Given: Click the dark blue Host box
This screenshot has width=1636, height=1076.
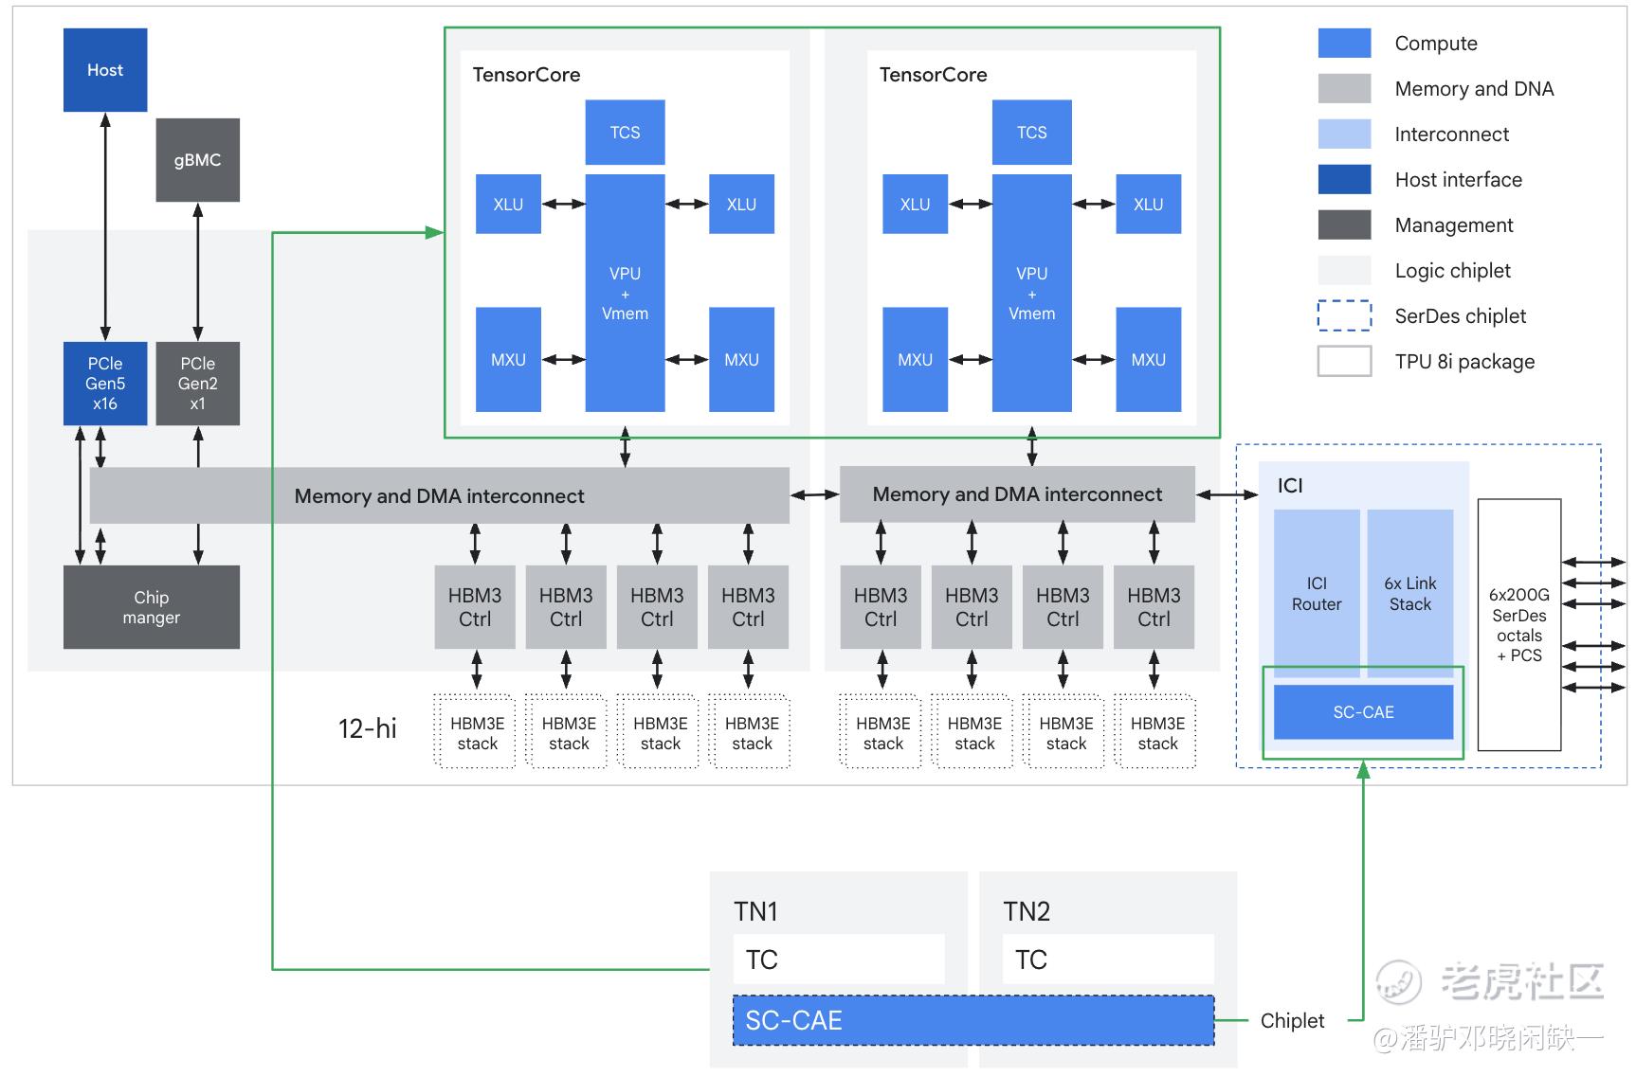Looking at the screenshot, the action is [105, 70].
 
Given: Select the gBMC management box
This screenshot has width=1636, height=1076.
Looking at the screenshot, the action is [197, 160].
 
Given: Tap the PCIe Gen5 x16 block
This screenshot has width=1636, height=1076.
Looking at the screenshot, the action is [105, 384].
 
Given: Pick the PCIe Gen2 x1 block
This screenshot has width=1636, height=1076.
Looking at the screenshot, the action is [197, 384].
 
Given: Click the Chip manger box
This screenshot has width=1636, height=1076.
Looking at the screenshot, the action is [152, 607].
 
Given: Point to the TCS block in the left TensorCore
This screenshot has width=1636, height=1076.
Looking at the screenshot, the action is [625, 133].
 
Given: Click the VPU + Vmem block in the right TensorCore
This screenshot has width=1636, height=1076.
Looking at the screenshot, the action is [1031, 294].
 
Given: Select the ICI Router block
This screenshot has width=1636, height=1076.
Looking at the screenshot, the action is [1317, 594].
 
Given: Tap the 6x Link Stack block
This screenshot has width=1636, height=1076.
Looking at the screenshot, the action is [1409, 594].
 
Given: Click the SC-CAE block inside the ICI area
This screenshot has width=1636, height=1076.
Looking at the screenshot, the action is [1363, 712].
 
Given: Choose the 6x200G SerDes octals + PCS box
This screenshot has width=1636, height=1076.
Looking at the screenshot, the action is [1518, 625].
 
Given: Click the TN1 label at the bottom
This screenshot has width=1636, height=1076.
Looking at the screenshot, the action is [755, 911].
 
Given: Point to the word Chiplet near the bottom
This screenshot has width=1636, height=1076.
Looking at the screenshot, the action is [1292, 1020].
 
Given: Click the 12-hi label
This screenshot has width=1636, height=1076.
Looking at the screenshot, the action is [368, 728].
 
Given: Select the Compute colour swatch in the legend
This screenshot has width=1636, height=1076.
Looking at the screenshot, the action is [1344, 44].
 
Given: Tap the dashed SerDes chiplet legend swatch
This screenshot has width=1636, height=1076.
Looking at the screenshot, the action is [1344, 315].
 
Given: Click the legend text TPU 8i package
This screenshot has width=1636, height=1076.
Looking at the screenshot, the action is [1464, 362].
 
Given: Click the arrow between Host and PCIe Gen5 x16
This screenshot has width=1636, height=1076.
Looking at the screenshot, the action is [105, 227].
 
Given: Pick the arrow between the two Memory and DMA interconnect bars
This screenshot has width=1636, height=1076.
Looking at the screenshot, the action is [815, 494].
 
